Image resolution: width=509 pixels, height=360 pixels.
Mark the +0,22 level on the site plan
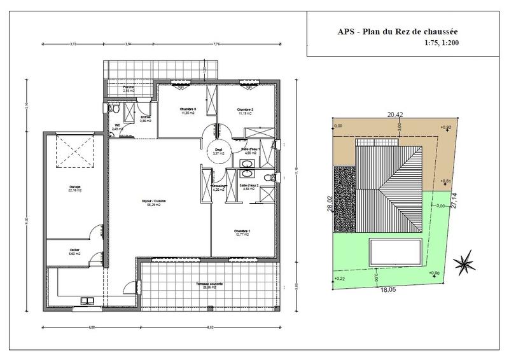coord(338,279)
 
